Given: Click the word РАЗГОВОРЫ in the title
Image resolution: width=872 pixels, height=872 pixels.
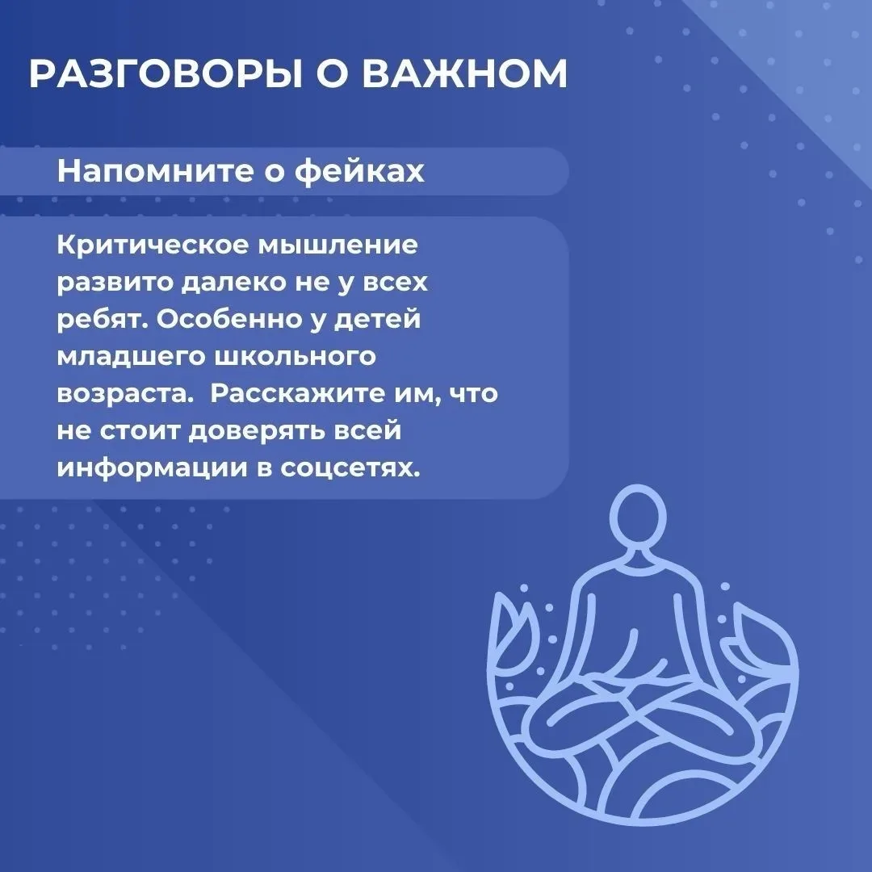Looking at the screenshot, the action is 166,73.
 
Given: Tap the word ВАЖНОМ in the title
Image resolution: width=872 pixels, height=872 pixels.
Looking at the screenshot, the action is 465,73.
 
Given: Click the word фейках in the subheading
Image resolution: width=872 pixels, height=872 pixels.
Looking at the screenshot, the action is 359,172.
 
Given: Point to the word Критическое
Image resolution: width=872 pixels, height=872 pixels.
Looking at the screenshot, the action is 153,245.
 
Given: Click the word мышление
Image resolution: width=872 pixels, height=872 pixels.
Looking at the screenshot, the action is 337,245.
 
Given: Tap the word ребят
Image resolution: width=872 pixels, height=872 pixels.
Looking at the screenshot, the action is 103,319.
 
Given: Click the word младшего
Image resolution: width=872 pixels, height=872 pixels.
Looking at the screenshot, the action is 131,357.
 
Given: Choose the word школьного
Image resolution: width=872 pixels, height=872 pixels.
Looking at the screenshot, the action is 295,357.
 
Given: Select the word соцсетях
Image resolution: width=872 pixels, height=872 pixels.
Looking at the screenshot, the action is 350,468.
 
